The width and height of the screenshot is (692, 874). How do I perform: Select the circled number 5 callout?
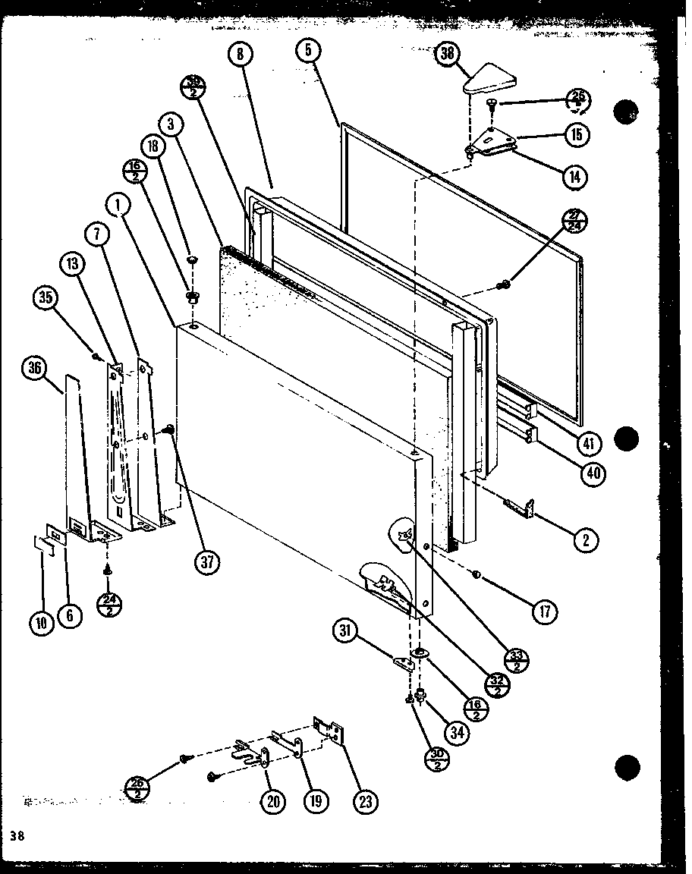[x=309, y=52]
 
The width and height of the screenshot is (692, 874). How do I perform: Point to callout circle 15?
[x=577, y=134]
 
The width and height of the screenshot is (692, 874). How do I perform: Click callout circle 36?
[x=35, y=369]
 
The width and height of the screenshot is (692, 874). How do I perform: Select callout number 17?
[x=544, y=611]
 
